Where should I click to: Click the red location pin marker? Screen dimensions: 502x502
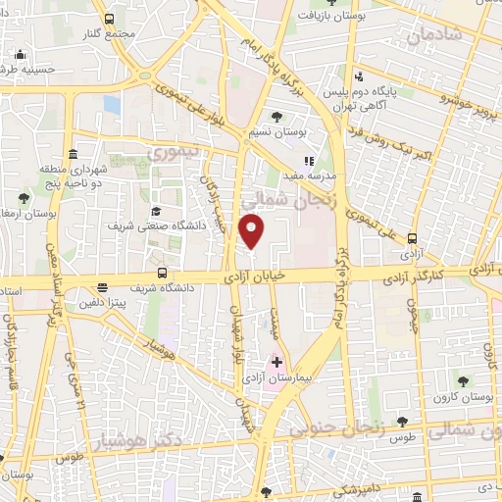tap(253, 231)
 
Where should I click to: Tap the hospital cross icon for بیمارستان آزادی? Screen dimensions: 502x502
tap(277, 362)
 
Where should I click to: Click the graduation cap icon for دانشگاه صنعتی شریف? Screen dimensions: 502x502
tap(155, 212)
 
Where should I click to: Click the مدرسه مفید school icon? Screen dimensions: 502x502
tap(309, 161)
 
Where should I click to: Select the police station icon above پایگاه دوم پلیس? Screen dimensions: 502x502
tap(359, 76)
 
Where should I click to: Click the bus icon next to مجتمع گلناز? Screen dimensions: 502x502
tap(109, 19)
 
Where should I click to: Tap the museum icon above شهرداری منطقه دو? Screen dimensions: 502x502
tap(74, 154)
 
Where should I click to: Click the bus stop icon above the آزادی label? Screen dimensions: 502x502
tap(412, 238)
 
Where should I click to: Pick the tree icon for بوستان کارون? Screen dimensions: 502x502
tap(462, 380)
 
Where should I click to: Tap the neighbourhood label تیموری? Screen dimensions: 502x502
tap(173, 153)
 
